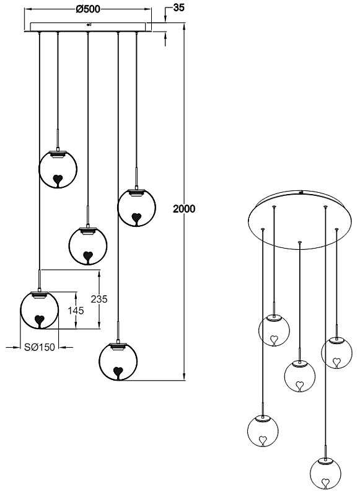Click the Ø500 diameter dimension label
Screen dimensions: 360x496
point(88,9)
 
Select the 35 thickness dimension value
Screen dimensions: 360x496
point(178,7)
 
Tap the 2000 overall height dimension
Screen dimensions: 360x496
point(184,209)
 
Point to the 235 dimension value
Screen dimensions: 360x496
point(99,299)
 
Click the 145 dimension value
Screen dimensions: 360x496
point(76,311)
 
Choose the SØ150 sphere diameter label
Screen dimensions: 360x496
point(40,347)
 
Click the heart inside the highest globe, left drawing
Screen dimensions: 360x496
point(58,180)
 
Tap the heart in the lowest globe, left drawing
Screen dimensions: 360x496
point(118,373)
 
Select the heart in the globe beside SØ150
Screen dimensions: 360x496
point(40,321)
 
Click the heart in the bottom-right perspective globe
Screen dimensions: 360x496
point(325,483)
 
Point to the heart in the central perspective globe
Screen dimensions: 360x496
point(299,386)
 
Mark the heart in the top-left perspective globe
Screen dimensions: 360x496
point(274,340)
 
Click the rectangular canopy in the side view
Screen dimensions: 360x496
point(88,27)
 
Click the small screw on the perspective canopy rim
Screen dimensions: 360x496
point(302,192)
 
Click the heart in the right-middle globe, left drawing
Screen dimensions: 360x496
point(136,218)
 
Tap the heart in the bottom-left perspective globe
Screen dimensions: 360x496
point(262,440)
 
